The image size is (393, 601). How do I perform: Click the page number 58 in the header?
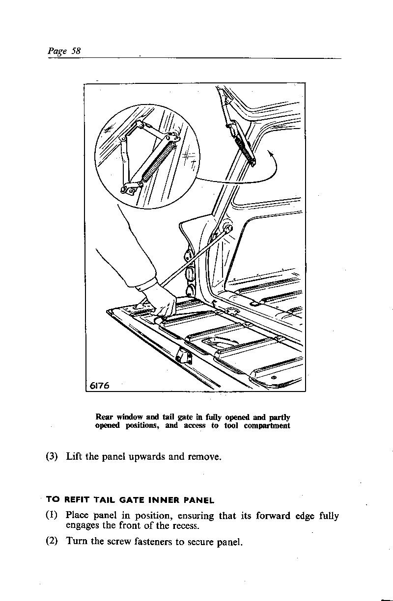coord(75,51)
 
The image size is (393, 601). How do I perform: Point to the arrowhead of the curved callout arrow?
coord(270,153)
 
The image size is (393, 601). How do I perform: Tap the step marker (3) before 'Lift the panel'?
coord(53,457)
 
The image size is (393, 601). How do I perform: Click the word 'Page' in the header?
coord(57,51)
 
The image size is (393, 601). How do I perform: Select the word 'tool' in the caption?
coord(231,426)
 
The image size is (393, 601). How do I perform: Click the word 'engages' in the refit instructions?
coord(82,527)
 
